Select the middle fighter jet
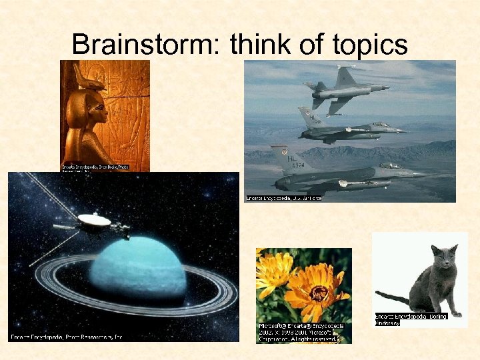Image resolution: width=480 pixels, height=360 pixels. (350, 129)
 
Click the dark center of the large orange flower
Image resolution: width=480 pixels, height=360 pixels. (319, 291)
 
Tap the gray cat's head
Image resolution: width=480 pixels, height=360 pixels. (443, 257)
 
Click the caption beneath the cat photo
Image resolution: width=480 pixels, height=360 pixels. (411, 319)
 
